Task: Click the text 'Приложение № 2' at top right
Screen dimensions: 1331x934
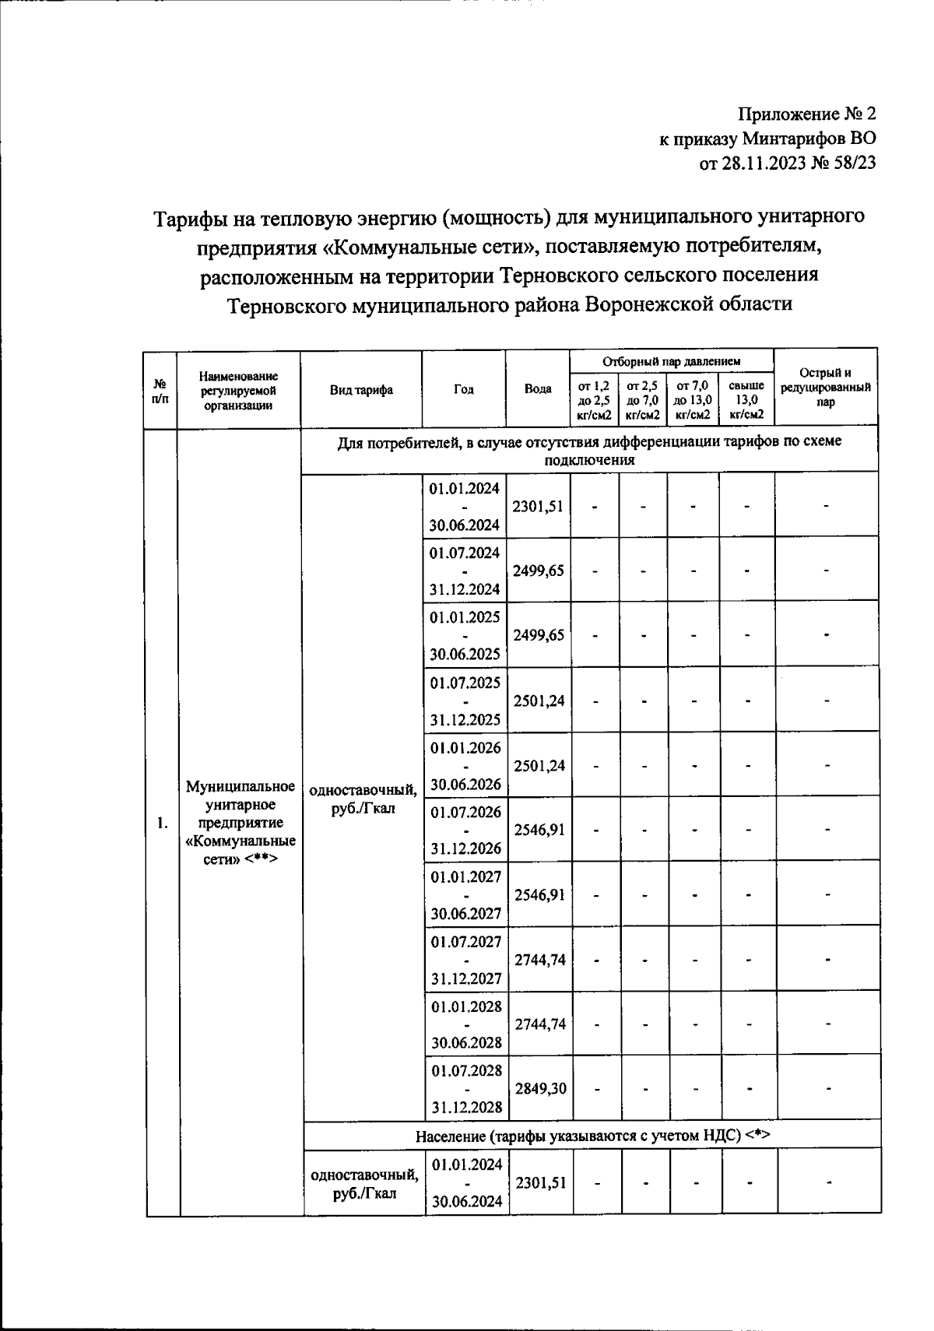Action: (806, 114)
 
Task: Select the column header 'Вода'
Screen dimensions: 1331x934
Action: (538, 389)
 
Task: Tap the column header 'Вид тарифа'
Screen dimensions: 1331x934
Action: (361, 390)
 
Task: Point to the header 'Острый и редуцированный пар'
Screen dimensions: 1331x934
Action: (826, 388)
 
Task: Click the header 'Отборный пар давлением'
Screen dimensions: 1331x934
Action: (671, 361)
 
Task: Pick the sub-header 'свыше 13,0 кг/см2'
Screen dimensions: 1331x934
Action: (746, 400)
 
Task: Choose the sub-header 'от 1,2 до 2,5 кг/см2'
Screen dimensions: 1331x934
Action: (594, 400)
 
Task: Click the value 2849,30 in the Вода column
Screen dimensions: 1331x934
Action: (540, 1088)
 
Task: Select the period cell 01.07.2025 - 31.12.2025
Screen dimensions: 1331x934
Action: (465, 701)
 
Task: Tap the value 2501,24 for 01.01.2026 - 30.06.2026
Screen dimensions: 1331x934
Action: (539, 765)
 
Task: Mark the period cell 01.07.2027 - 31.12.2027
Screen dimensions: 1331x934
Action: (465, 960)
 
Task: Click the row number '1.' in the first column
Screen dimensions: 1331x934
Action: (162, 823)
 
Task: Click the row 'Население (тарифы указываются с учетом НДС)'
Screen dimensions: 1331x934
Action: (592, 1136)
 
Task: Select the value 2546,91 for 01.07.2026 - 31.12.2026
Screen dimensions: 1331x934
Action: (539, 830)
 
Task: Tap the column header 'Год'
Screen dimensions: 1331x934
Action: (464, 390)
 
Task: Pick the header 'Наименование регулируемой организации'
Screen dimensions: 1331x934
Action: (239, 390)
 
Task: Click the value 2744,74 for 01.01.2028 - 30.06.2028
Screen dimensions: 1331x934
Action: (540, 1024)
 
